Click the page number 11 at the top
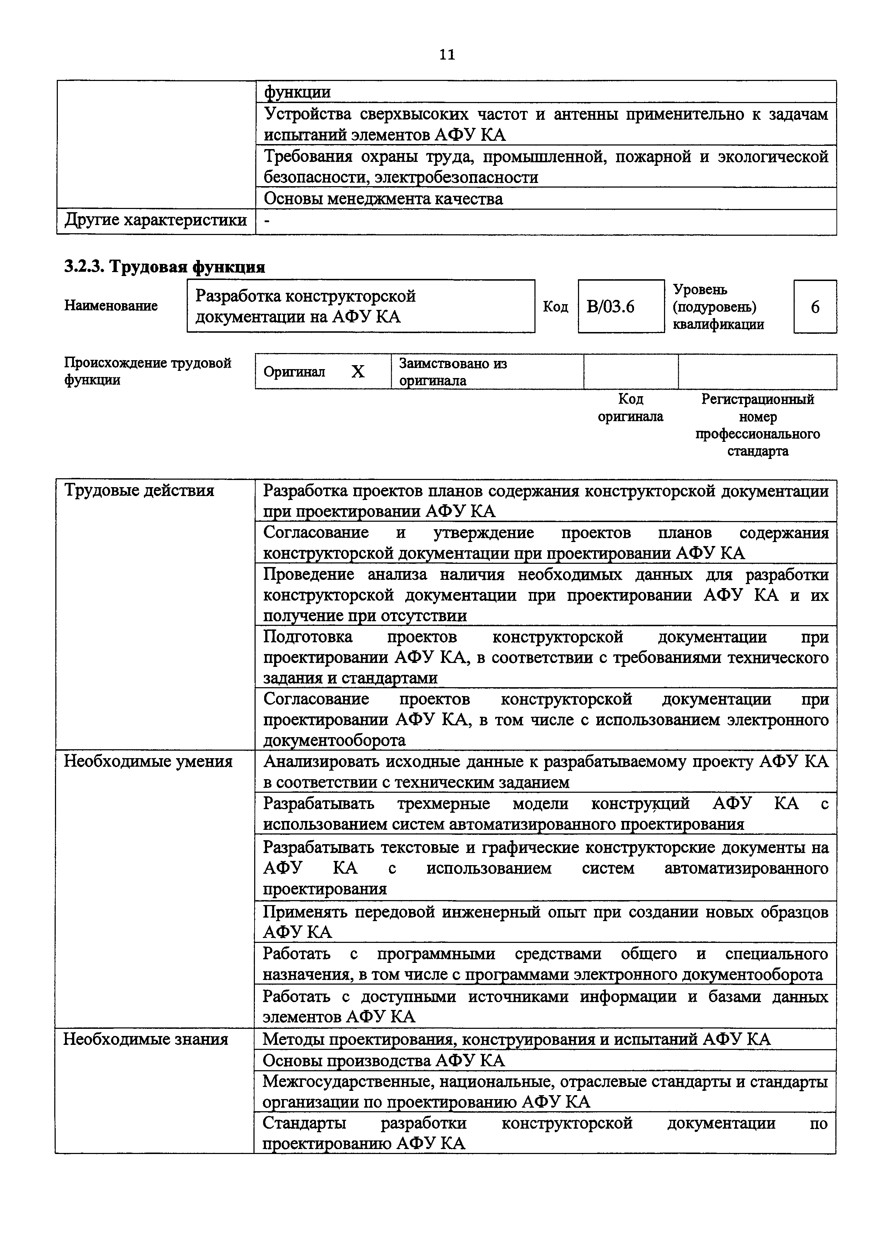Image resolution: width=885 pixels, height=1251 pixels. pos(447,55)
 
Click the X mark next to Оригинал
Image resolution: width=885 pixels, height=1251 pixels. pos(358,372)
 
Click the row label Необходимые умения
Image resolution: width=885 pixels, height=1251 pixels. pos(148,761)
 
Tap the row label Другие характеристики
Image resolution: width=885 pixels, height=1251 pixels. pos(155,221)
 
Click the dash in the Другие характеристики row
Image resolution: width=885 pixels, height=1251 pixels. pos(267,221)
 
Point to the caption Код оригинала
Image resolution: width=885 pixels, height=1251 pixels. pos(630,408)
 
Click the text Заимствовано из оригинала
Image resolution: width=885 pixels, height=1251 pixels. pos(453,372)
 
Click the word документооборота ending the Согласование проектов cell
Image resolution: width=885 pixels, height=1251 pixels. pos(334,740)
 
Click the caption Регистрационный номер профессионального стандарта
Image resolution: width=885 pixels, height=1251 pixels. pos(758,425)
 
